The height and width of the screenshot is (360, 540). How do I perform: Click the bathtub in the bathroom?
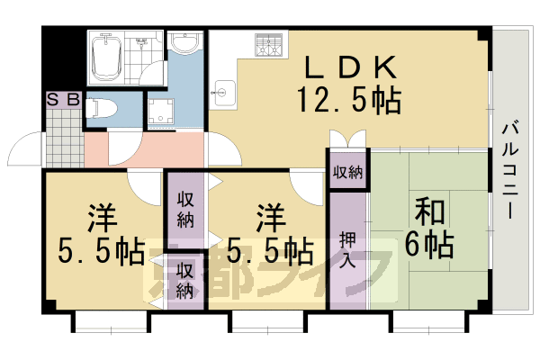(x=107, y=57)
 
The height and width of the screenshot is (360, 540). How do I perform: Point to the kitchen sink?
(x=224, y=90)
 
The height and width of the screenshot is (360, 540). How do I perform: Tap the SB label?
(x=63, y=100)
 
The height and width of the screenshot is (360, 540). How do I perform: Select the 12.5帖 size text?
(x=348, y=99)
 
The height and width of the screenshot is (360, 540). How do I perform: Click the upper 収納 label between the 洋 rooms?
(x=185, y=209)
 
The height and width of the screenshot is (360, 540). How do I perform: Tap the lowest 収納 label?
(x=185, y=279)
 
